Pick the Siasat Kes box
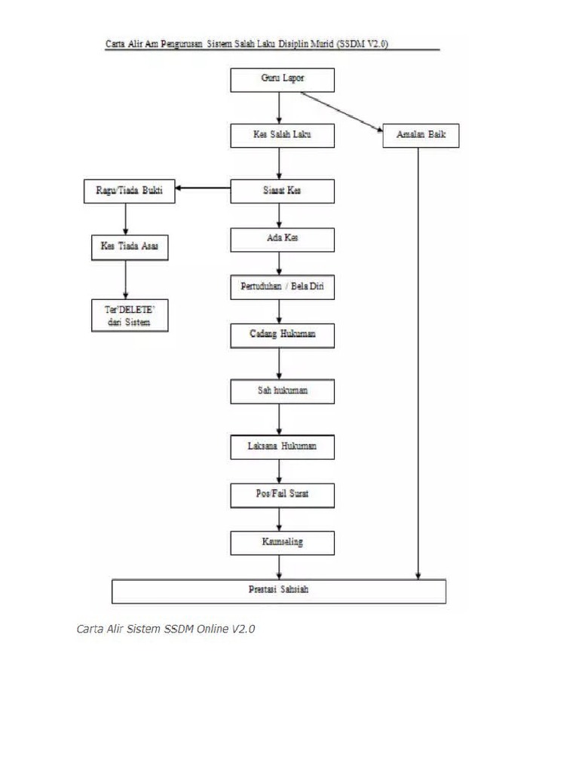click(282, 191)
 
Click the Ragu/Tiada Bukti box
click(128, 191)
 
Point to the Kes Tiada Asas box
click(128, 247)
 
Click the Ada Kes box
click(282, 239)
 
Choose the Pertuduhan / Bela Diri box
click(282, 287)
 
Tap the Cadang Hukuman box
click(282, 335)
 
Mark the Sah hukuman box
click(282, 391)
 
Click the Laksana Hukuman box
click(282, 447)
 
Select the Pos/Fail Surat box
click(282, 495)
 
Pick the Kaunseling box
click(282, 541)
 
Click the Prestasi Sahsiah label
click(278, 590)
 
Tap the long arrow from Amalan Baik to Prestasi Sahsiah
click(418, 362)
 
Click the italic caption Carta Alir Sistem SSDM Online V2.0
click(166, 629)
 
